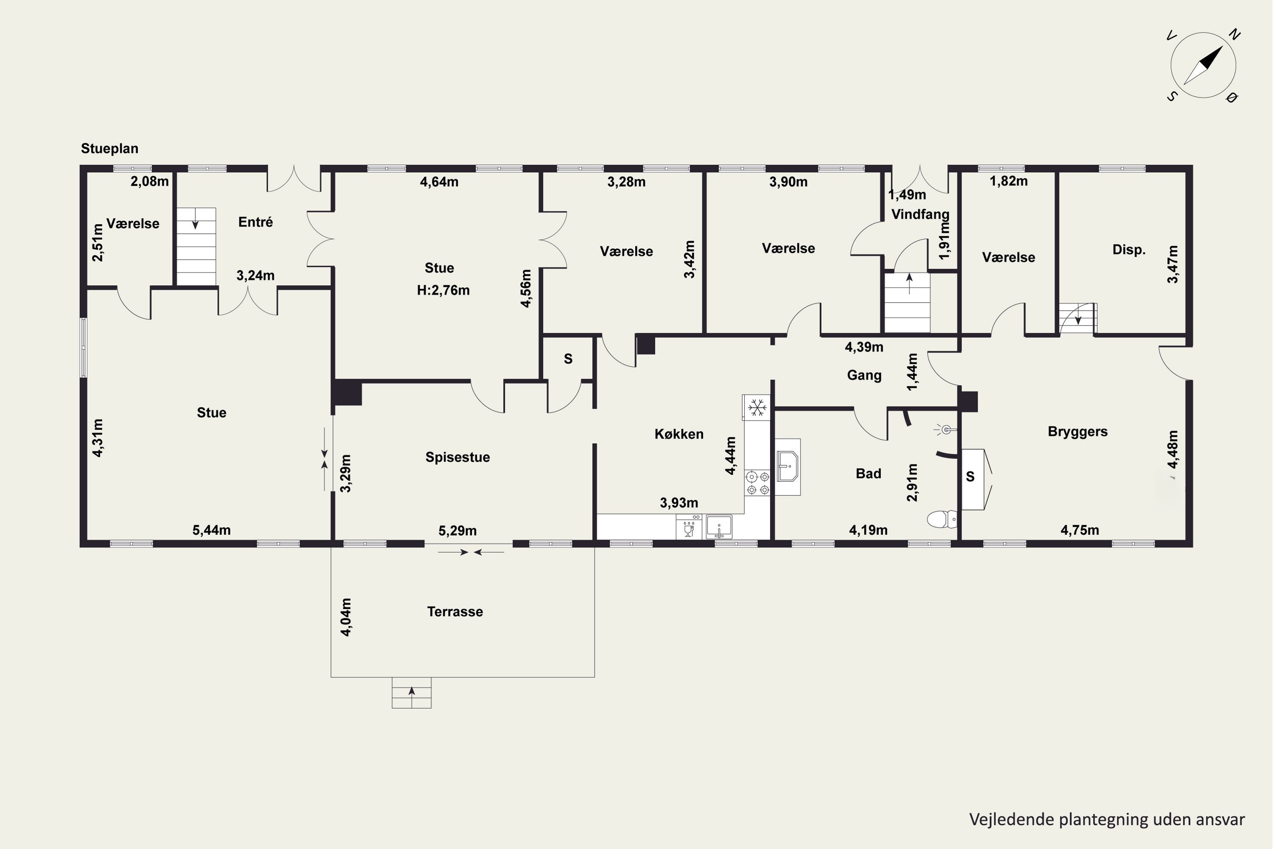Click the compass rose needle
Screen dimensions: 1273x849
[x=1203, y=65]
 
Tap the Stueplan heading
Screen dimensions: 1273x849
[x=109, y=148]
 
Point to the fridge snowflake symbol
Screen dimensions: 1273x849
[x=757, y=407]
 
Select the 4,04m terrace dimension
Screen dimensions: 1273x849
[x=346, y=617]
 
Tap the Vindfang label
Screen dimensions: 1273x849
[x=920, y=214]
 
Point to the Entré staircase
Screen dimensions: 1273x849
[x=196, y=246]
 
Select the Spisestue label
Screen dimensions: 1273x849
[x=457, y=457]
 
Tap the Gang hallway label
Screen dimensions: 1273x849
[x=864, y=375]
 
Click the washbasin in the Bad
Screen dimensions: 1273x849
[x=788, y=467]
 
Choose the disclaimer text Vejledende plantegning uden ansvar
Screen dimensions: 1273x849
[x=1106, y=819]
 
